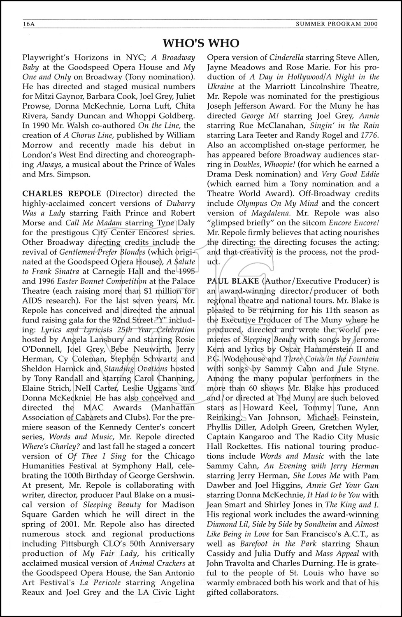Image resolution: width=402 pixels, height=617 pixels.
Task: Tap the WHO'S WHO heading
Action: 201,43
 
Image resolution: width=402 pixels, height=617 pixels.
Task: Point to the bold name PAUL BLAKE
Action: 233,281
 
